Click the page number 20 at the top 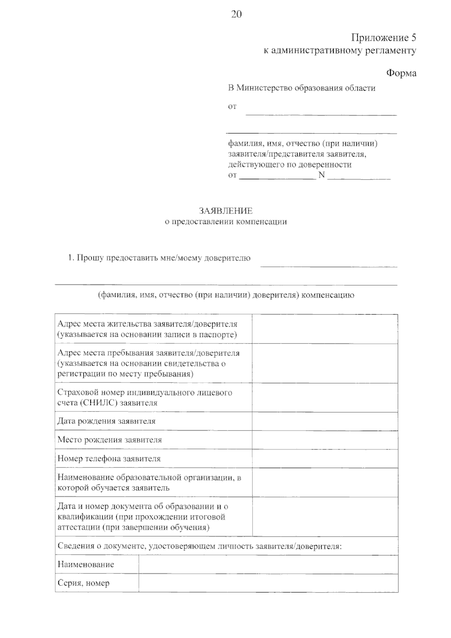point(236,14)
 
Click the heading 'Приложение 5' point(383,38)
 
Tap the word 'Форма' point(401,73)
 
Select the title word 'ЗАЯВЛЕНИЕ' point(225,211)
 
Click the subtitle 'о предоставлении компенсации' point(225,222)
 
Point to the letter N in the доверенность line point(321,175)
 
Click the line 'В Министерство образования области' point(301,88)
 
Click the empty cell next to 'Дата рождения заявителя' point(325,421)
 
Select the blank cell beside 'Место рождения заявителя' point(325,440)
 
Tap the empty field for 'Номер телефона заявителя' point(325,459)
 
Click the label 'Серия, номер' point(83,583)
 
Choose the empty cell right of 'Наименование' point(268,564)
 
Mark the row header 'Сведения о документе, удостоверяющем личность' point(199,546)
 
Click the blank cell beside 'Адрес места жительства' point(325,329)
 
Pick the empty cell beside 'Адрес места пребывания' point(325,363)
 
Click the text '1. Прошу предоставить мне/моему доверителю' point(159,258)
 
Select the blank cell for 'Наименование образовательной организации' point(325,482)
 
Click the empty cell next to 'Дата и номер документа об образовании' point(325,517)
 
